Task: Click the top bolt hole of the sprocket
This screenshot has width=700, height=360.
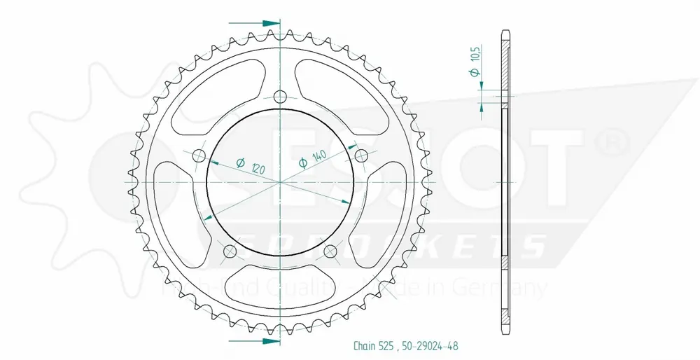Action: coord(280,96)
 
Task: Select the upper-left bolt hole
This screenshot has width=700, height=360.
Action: coord(198,155)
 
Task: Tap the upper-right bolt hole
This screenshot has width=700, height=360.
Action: coord(362,155)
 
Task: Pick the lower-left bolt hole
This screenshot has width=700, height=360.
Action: coord(229,251)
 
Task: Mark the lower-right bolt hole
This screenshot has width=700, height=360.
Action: coord(331,251)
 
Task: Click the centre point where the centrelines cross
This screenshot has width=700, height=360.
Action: coord(280,182)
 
